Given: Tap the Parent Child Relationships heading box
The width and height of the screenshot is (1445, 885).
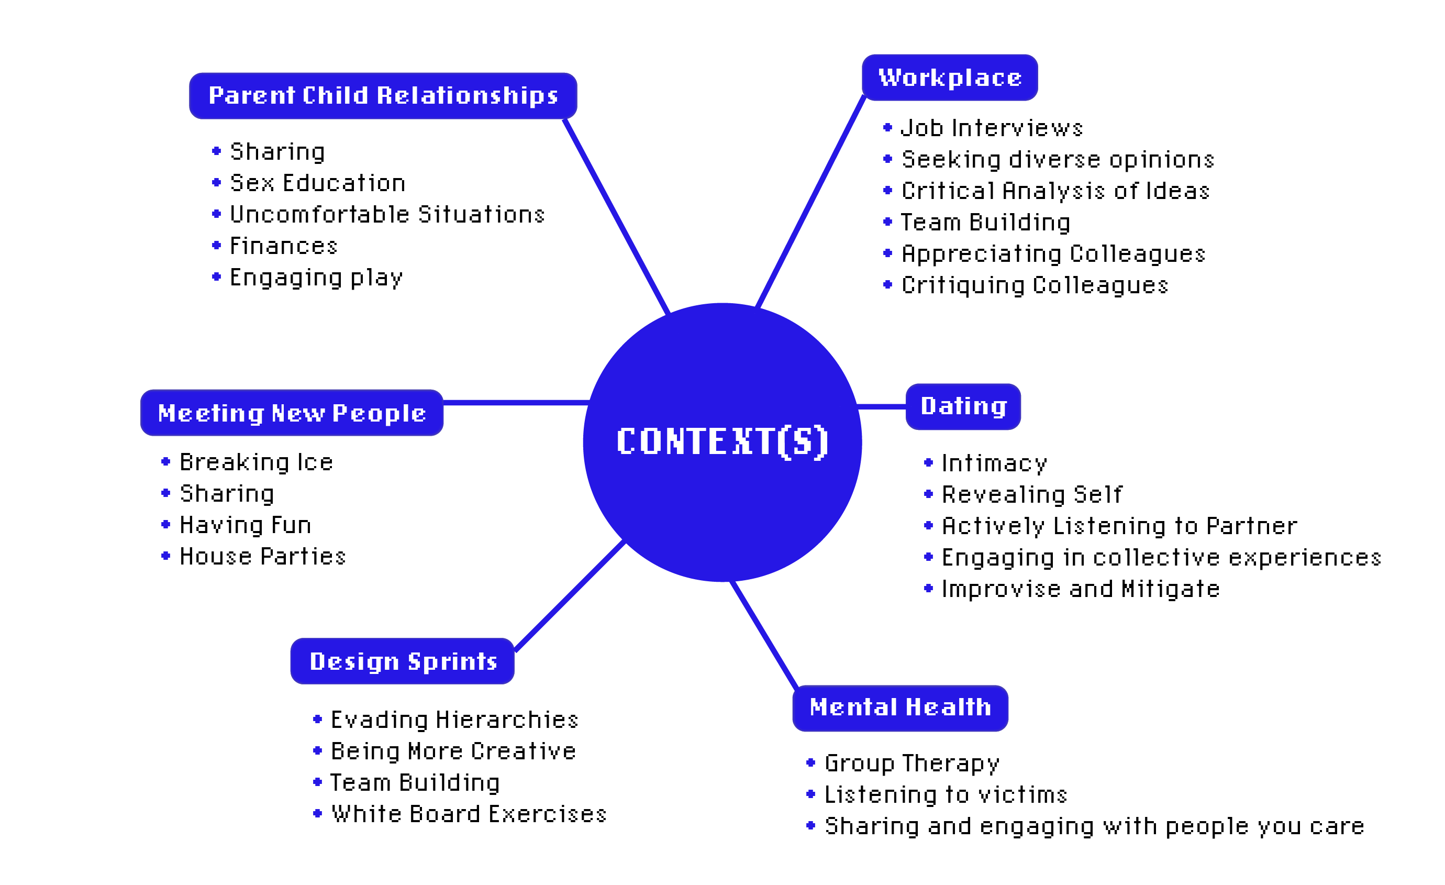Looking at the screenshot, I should click(383, 96).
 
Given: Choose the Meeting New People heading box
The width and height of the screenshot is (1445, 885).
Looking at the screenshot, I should click(292, 413).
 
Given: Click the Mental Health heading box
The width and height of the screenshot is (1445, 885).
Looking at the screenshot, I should click(899, 707).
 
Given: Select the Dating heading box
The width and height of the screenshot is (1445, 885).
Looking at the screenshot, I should click(963, 406).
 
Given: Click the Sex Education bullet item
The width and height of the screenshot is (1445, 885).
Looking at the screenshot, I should click(317, 183).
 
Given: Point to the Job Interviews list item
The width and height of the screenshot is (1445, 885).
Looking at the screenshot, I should click(991, 128).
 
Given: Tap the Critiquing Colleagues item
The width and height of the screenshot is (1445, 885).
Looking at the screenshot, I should click(1035, 285).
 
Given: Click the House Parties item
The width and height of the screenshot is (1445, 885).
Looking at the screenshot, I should click(262, 556).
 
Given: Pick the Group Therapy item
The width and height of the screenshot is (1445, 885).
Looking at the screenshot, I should click(912, 763).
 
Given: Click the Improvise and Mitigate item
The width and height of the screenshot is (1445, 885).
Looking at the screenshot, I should click(1080, 589).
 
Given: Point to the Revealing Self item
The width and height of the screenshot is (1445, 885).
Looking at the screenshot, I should click(1031, 494).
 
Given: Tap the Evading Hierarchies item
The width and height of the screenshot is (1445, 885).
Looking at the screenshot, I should click(454, 720).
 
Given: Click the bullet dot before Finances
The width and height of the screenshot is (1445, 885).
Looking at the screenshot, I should click(216, 245).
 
